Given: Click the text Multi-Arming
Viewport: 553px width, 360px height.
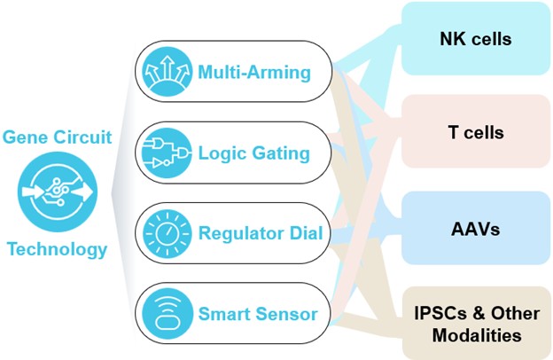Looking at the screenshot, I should (x=253, y=71).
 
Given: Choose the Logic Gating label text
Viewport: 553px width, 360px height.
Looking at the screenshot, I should (x=253, y=153).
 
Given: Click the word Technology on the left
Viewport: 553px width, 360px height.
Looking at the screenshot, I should (x=57, y=249).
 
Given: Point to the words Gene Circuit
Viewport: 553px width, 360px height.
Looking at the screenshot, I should (x=57, y=137).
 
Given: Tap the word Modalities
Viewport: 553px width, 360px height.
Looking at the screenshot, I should (x=477, y=336).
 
